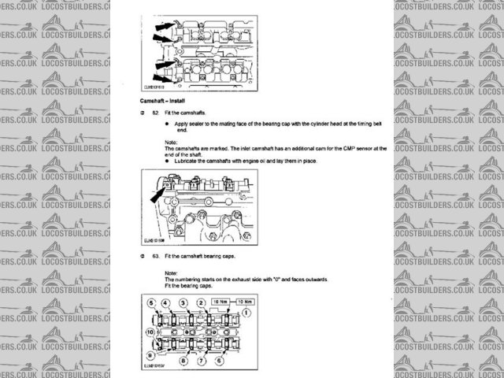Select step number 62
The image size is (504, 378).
156,114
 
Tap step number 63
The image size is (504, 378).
156,257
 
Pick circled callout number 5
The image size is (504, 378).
150,302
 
